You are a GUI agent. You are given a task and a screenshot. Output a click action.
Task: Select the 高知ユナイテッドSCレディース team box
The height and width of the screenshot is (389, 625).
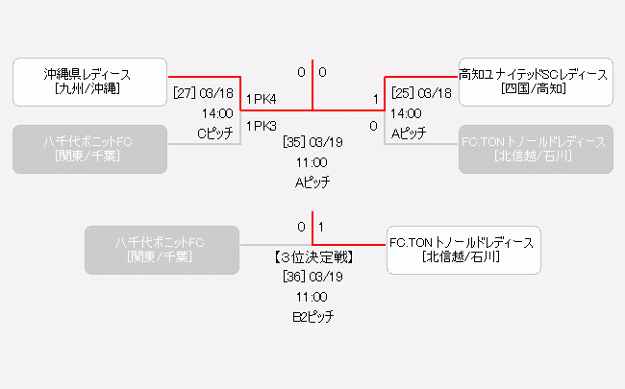535,82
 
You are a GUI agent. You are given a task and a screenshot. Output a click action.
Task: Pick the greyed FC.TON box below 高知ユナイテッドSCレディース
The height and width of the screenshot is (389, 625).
535,149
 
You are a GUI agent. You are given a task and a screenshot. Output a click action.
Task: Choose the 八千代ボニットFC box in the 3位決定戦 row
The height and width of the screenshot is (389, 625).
160,250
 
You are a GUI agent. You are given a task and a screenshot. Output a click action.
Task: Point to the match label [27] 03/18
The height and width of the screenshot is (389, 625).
203,94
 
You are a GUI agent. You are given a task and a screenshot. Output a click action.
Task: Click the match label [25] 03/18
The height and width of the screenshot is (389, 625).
421,94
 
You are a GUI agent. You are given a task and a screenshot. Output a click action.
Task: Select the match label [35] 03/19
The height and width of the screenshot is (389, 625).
312,143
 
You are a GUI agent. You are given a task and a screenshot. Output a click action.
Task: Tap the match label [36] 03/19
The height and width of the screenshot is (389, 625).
312,277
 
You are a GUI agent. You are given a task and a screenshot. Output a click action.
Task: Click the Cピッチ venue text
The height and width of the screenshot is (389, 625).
215,134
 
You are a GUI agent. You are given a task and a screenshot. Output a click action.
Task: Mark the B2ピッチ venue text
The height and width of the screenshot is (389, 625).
312,317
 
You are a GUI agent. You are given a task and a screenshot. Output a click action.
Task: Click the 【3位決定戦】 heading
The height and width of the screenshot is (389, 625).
312,257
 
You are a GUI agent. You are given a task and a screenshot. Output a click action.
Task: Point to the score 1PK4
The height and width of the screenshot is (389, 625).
262,99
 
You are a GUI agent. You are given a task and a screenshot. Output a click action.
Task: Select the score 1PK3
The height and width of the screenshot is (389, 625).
262,126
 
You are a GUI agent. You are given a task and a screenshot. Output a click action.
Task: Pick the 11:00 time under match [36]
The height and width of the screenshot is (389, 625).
312,297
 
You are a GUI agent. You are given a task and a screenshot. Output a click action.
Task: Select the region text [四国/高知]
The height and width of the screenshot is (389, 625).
535,89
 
